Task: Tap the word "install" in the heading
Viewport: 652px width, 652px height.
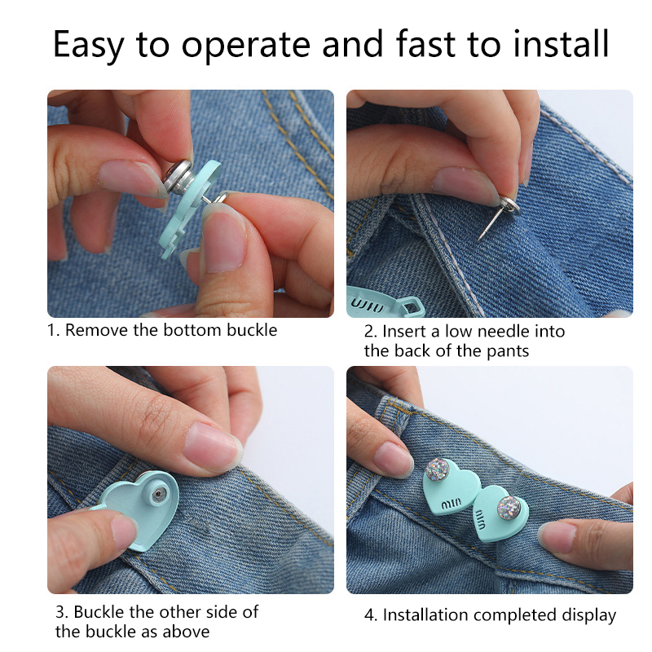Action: [x=561, y=43]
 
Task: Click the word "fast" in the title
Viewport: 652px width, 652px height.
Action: [x=425, y=43]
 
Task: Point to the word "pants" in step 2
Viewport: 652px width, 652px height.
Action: [x=508, y=351]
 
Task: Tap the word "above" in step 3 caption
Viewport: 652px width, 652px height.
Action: [x=186, y=632]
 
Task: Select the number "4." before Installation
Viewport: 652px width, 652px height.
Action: [x=371, y=615]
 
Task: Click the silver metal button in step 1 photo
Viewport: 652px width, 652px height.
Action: [x=178, y=178]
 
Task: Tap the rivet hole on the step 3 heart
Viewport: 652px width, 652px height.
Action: [x=159, y=494]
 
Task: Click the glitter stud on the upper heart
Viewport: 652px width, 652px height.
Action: [x=438, y=469]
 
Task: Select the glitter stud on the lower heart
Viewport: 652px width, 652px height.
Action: [x=509, y=508]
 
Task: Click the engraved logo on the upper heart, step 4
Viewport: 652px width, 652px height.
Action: [x=451, y=504]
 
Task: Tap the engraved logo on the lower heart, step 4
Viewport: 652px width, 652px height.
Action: [x=479, y=520]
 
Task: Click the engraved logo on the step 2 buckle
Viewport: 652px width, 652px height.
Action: [x=367, y=304]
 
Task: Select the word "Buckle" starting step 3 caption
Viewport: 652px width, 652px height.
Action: [x=99, y=612]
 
